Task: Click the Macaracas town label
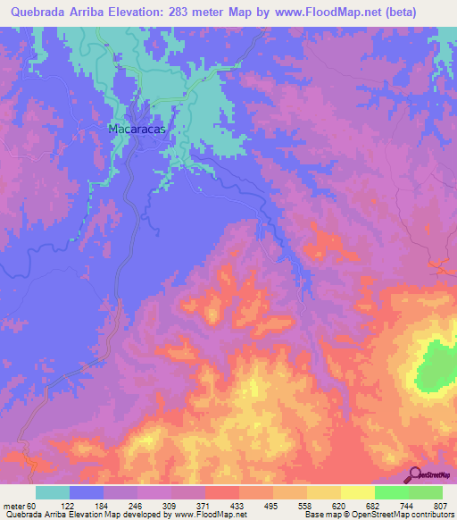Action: pos(137,129)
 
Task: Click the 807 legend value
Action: pos(441,506)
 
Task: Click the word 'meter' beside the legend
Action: pos(12,506)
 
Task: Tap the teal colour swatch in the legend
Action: pos(53,492)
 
